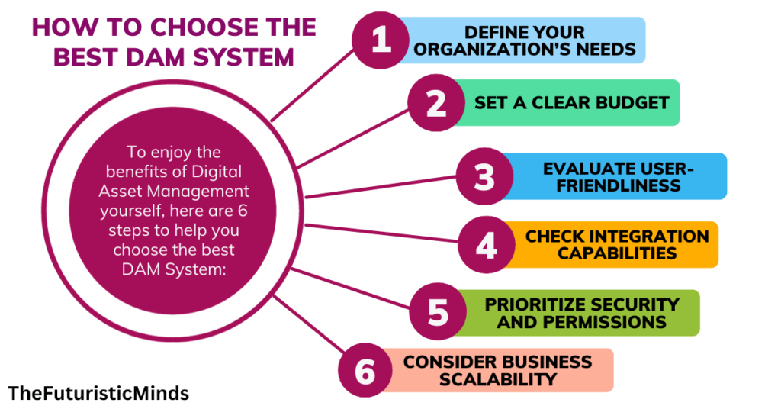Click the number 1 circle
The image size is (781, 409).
click(381, 40)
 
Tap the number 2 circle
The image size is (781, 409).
click(435, 103)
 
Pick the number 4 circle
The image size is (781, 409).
click(486, 245)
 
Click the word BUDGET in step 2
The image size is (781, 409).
click(632, 102)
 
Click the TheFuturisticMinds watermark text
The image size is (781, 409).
click(98, 394)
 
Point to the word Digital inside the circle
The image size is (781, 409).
click(214, 172)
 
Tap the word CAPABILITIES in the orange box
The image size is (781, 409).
click(617, 253)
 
